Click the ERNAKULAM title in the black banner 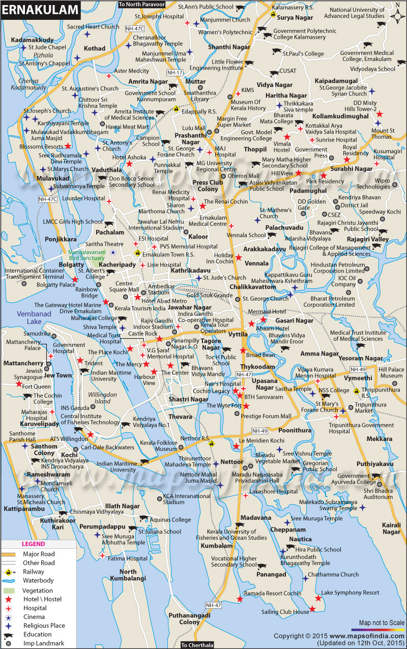(34, 9)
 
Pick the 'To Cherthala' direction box (197, 645)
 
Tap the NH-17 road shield (175, 73)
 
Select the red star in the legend (9, 599)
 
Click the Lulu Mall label (194, 128)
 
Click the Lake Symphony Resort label (350, 593)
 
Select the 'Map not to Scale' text (382, 623)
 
